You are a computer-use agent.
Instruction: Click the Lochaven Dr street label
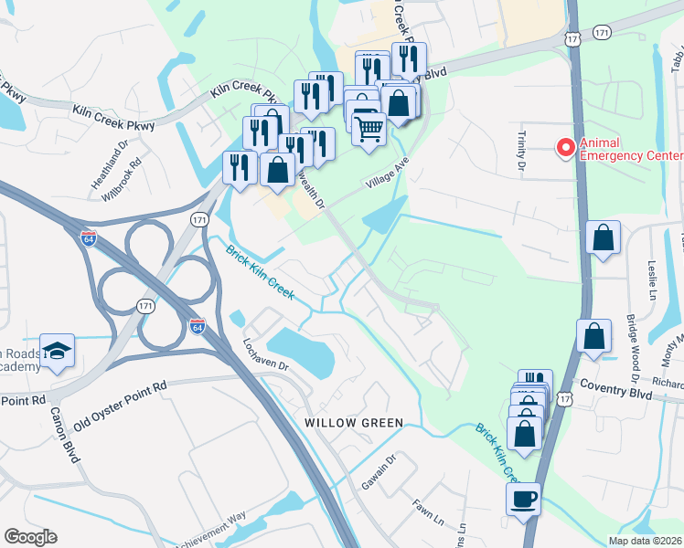pos(264,353)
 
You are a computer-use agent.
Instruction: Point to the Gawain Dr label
pos(378,470)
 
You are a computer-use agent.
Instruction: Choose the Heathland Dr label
pos(120,152)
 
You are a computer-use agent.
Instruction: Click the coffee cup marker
pos(524,500)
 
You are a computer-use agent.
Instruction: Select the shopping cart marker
pos(369,129)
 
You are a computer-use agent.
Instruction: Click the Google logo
pos(30,537)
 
